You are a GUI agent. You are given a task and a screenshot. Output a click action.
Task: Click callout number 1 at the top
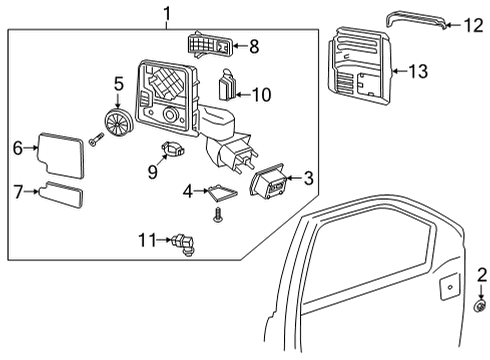coord(166,13)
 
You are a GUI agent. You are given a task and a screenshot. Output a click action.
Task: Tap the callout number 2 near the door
coord(482,274)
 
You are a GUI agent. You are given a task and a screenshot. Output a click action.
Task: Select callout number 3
coord(309,178)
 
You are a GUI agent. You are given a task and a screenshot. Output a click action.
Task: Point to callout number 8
coord(253,45)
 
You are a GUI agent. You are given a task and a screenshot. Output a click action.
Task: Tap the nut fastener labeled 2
coord(481,307)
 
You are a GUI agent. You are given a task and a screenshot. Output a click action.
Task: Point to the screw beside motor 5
coord(96,141)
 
